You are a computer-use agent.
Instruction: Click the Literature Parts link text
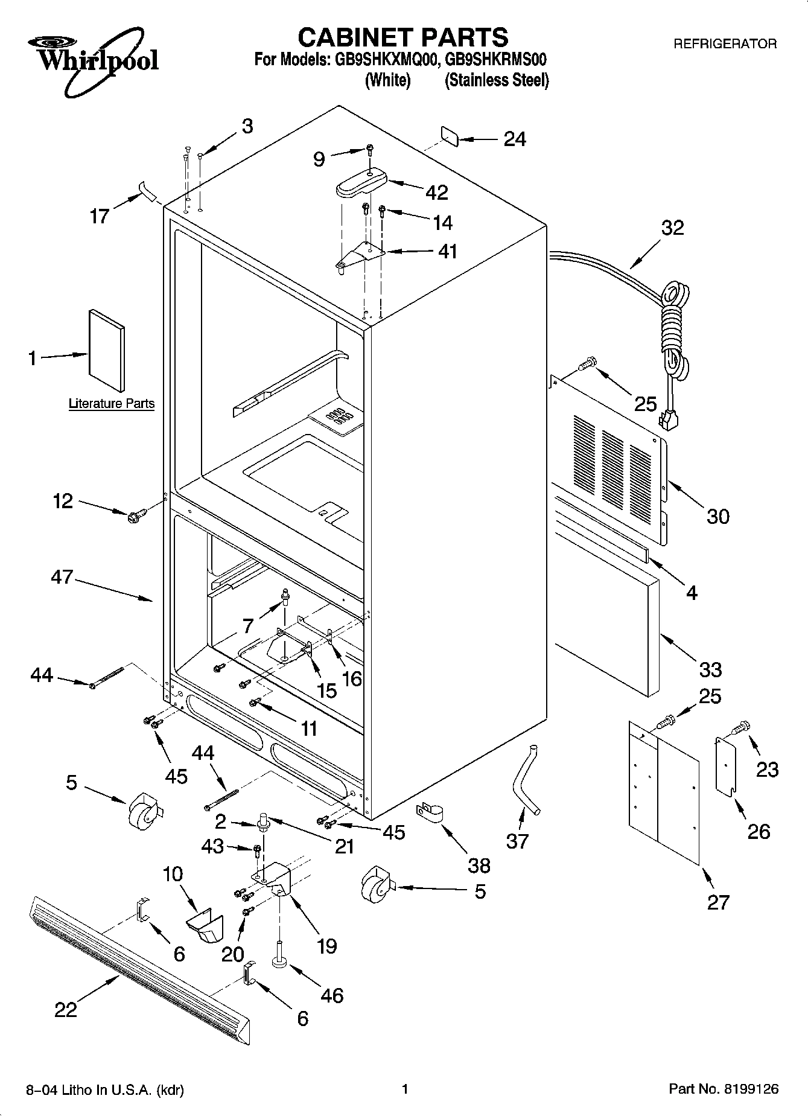[x=112, y=404]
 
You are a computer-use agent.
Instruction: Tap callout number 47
[x=62, y=576]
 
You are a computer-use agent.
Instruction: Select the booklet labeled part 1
[x=107, y=351]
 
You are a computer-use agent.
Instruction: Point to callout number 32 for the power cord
[x=673, y=228]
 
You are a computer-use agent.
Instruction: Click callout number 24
[x=514, y=139]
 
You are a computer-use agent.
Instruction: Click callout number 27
[x=718, y=902]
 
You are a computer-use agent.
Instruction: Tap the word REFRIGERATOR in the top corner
[x=725, y=43]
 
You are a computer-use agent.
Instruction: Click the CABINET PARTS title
[x=403, y=37]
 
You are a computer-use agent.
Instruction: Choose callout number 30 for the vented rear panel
[x=718, y=516]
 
